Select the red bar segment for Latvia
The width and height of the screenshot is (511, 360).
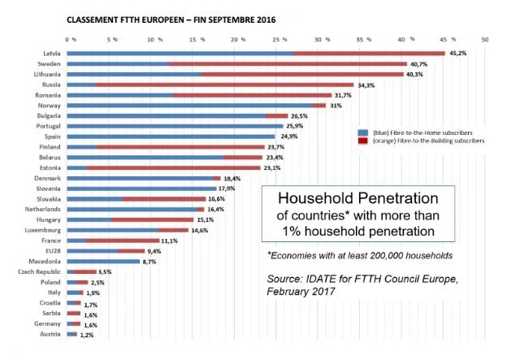click(x=369, y=53)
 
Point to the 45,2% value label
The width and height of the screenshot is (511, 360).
click(x=459, y=53)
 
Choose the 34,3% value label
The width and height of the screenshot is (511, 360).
click(x=367, y=85)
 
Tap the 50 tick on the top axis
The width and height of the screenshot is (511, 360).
click(x=485, y=37)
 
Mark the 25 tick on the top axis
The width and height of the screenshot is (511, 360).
click(x=275, y=37)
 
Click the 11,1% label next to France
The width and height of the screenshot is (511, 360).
click(x=169, y=241)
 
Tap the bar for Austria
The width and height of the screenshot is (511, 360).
click(x=71, y=334)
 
